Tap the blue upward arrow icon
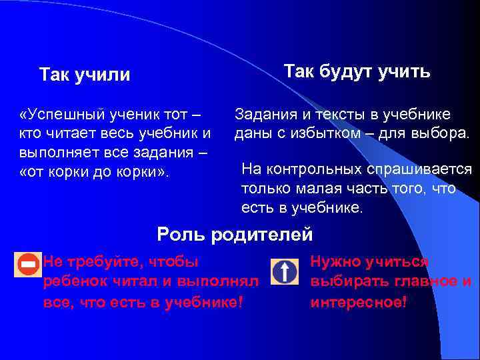[x=285, y=273]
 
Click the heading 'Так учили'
[x=85, y=74]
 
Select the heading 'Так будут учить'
[x=357, y=71]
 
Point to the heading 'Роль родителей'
[x=235, y=234]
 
